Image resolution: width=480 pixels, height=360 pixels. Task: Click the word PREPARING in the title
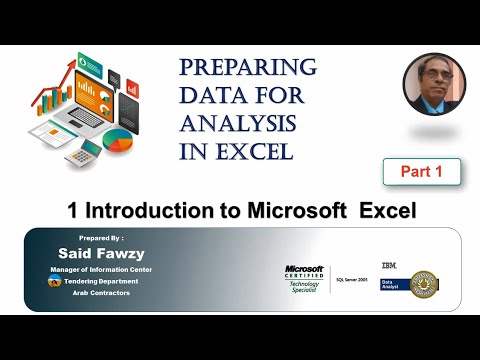click(247, 68)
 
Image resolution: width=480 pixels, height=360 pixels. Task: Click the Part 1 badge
click(420, 172)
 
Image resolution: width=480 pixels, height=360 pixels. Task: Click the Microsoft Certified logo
click(304, 277)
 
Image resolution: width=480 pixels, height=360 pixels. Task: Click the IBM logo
click(388, 263)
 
